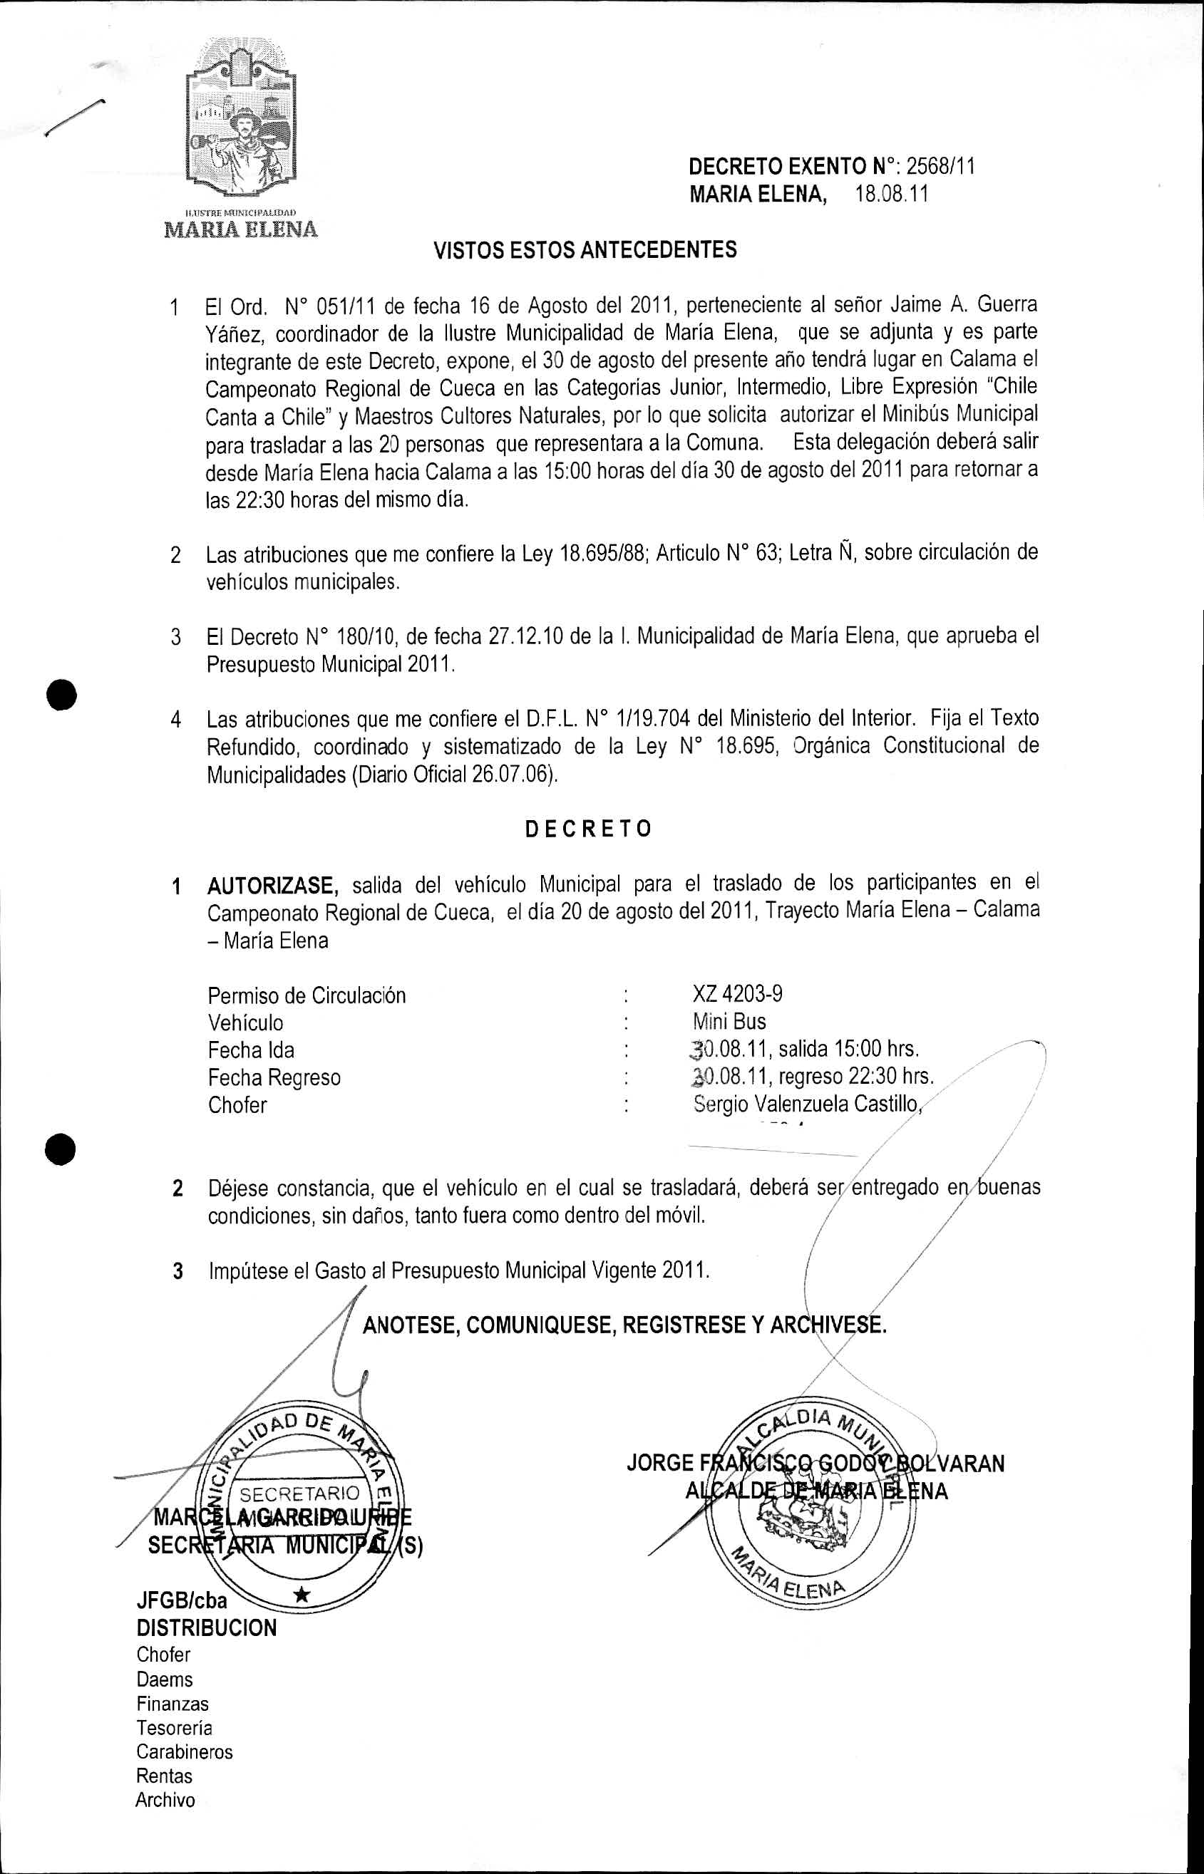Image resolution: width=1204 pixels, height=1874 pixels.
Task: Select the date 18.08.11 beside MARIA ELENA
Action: click(x=891, y=194)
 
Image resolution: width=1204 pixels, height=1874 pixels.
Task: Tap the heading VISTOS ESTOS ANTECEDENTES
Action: click(x=585, y=250)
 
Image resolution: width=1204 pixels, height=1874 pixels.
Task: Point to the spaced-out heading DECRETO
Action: click(x=588, y=829)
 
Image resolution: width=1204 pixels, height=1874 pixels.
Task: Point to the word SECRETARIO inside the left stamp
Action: click(x=299, y=1495)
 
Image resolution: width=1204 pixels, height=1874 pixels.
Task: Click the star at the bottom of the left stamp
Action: click(x=302, y=1595)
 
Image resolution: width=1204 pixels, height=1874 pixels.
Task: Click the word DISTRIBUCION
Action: click(x=207, y=1628)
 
